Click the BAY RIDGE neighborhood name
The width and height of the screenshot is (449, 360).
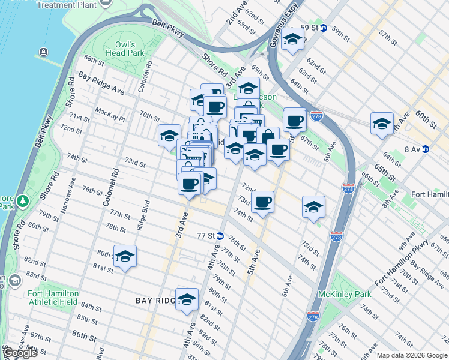pos(154,299)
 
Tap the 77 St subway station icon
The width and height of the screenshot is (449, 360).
pos(220,236)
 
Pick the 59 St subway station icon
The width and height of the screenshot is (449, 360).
pos(323,28)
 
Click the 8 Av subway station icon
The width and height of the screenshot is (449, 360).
pos(426,149)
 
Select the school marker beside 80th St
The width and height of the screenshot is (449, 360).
pos(125,256)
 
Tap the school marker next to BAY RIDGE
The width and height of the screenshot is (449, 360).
pos(187,299)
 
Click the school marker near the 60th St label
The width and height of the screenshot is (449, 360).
pos(382,124)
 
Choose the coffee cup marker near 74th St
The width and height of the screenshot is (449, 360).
pos(262,203)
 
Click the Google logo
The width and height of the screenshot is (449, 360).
pos(21,353)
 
